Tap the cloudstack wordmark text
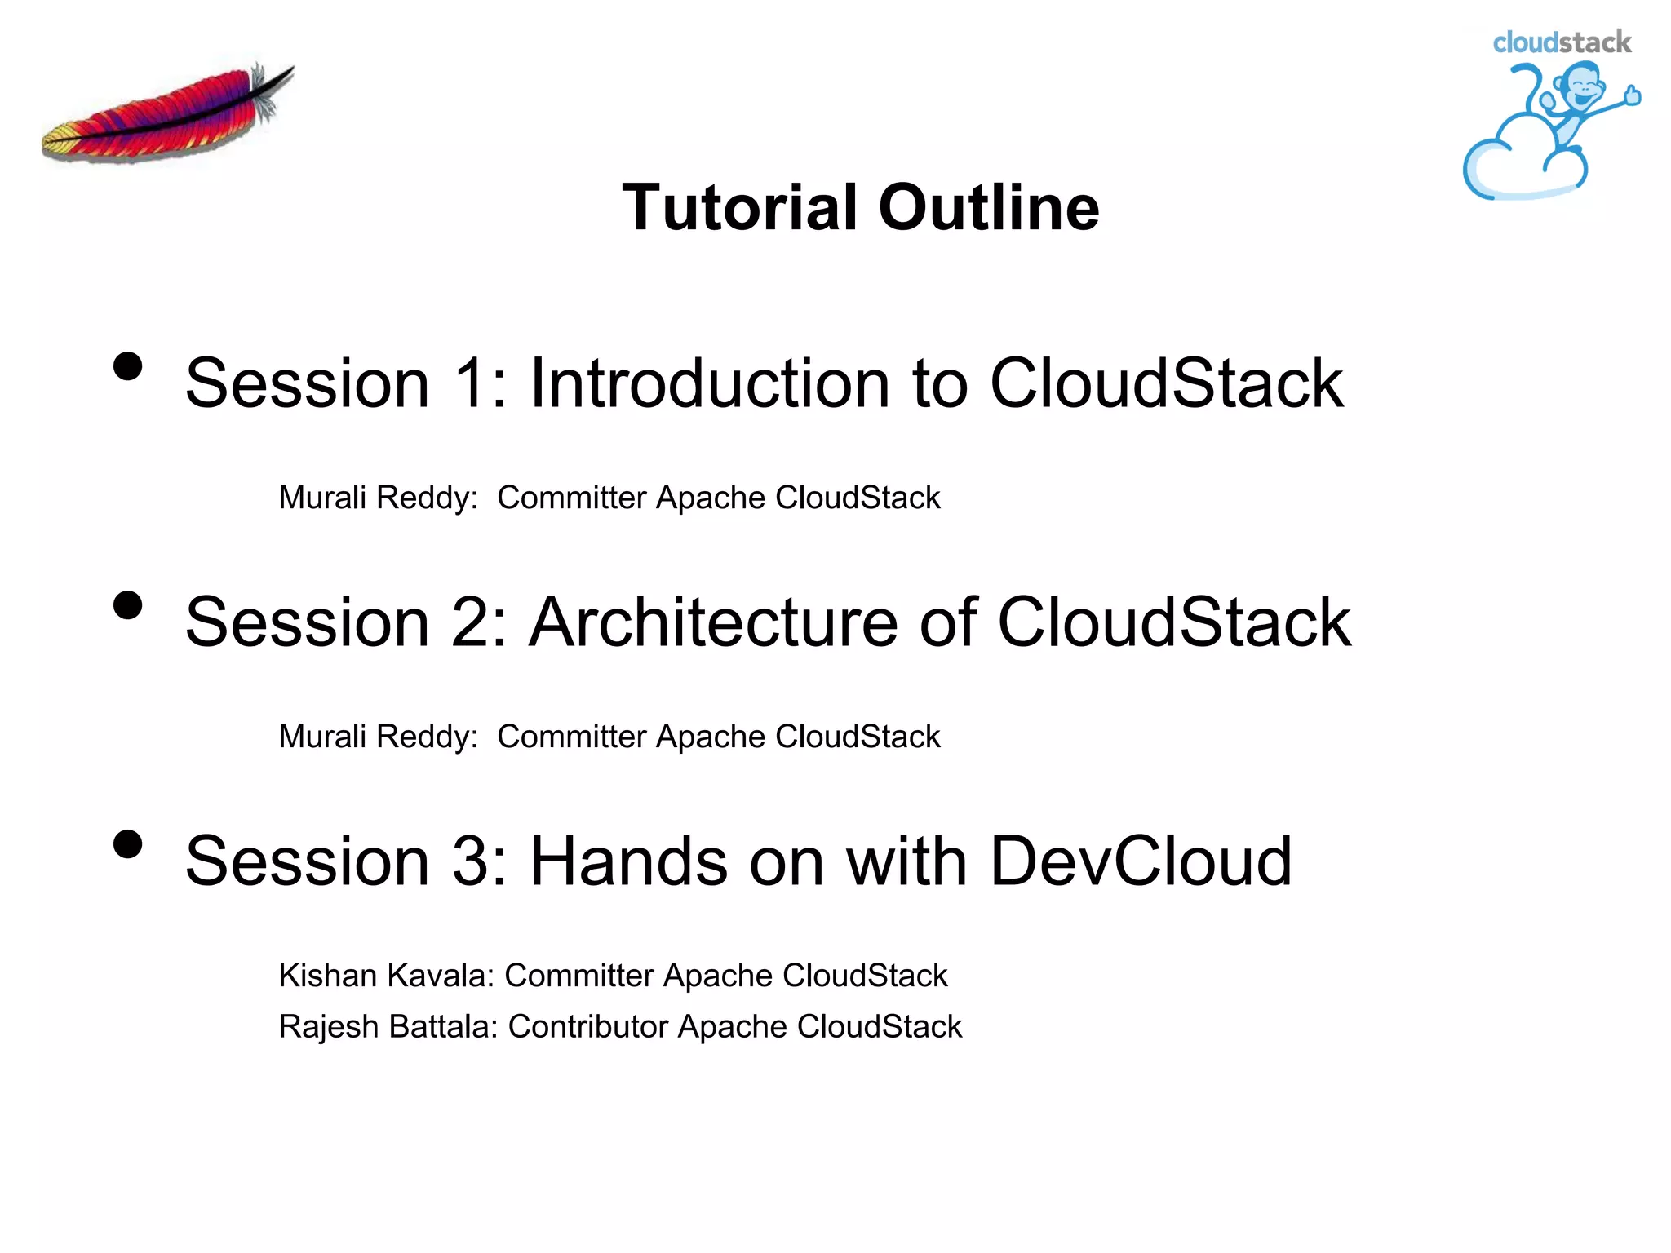[1561, 42]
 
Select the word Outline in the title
[989, 207]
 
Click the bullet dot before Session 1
[128, 366]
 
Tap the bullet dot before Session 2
[128, 605]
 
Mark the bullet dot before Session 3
[128, 844]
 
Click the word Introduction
[709, 383]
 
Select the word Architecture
[713, 622]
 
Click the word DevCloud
[1141, 861]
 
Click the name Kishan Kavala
[385, 976]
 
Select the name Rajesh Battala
[387, 1027]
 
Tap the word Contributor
[587, 1027]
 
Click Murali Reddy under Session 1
[377, 498]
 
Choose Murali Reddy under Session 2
[377, 737]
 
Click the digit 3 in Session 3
[469, 861]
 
